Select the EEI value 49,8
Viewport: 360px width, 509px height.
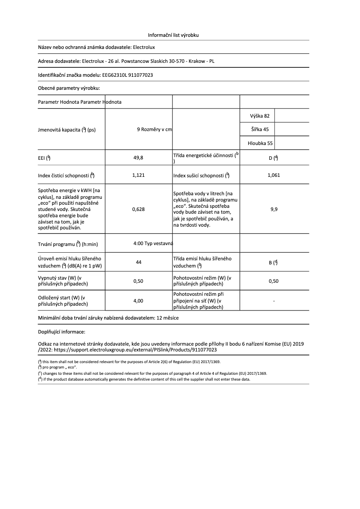pyautogui.click(x=138, y=158)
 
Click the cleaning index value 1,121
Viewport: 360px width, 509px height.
pyautogui.click(x=138, y=176)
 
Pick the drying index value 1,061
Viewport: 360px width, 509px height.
pyautogui.click(x=273, y=176)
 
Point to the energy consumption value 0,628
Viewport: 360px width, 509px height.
pyautogui.click(x=138, y=209)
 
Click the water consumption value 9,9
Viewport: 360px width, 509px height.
pyautogui.click(x=273, y=209)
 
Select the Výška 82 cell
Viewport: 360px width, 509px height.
pyautogui.click(x=259, y=116)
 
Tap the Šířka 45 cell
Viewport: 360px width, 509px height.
pyautogui.click(x=259, y=130)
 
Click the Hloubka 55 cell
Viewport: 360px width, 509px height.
pyautogui.click(x=260, y=144)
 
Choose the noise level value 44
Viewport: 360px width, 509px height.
pyautogui.click(x=138, y=262)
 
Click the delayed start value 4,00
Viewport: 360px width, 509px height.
pyautogui.click(x=138, y=301)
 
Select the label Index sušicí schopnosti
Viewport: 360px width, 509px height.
pyautogui.click(x=201, y=176)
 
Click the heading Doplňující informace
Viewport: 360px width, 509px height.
pyautogui.click(x=61, y=332)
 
